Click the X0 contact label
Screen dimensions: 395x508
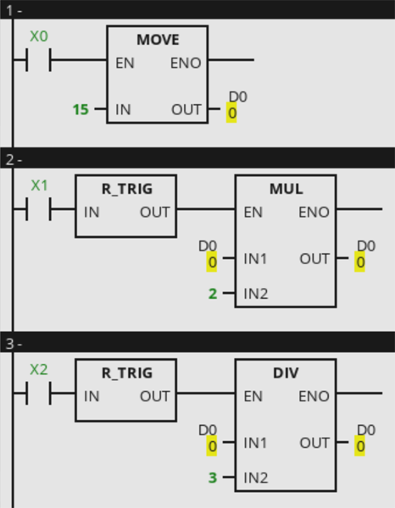(39, 36)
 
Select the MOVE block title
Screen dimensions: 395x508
(158, 40)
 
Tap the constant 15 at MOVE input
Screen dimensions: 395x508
(81, 109)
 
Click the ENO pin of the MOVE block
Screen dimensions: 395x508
(186, 63)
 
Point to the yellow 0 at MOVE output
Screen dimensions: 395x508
(231, 113)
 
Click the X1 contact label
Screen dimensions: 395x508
(39, 185)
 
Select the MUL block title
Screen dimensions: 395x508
(287, 189)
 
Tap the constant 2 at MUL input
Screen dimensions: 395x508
(213, 294)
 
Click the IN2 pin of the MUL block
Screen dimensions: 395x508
(256, 294)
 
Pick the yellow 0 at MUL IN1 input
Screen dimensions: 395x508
(212, 262)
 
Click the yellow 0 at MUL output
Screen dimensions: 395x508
(360, 262)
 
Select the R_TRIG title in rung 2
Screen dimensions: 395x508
(127, 189)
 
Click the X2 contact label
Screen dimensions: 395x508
(39, 370)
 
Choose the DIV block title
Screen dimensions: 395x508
(286, 373)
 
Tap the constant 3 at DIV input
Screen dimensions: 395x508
(213, 478)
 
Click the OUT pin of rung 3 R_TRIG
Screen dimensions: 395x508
(154, 396)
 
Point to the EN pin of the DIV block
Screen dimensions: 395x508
(253, 396)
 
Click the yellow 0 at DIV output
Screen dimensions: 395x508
(360, 446)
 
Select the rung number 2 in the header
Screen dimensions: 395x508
(9, 160)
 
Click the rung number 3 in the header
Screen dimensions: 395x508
(9, 344)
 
